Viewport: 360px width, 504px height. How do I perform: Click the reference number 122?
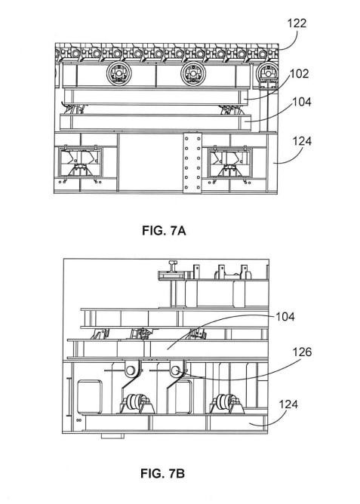pyautogui.click(x=297, y=23)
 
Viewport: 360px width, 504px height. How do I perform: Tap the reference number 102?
pyautogui.click(x=300, y=74)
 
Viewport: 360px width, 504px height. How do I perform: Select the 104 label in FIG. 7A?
pyautogui.click(x=301, y=102)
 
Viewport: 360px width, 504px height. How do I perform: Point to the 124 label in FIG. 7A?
pyautogui.click(x=302, y=141)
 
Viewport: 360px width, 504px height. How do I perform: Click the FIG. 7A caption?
pyautogui.click(x=164, y=231)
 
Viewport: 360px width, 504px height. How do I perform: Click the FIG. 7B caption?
pyautogui.click(x=163, y=474)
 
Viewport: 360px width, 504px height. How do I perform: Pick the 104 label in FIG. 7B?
pyautogui.click(x=285, y=317)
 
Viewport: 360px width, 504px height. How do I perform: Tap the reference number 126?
pyautogui.click(x=302, y=352)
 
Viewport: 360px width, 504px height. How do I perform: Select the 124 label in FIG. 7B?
pyautogui.click(x=288, y=404)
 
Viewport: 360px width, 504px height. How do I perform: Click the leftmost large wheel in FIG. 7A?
pyautogui.click(x=119, y=74)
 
